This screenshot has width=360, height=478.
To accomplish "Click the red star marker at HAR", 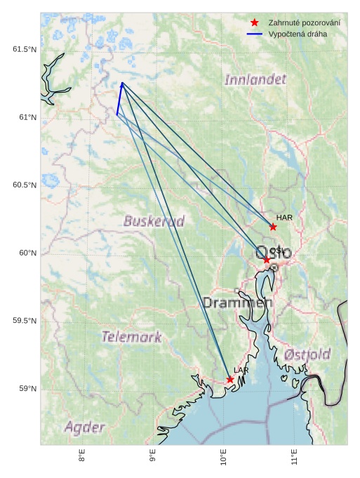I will (273, 227).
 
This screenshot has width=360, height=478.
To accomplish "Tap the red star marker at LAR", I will (230, 380).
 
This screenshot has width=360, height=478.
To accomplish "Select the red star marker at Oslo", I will (267, 260).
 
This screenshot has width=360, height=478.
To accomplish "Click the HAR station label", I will (284, 218).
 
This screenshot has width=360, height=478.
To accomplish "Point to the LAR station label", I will (241, 370).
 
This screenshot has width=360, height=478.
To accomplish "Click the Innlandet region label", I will (255, 79).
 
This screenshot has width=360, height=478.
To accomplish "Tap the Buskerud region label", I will (154, 221).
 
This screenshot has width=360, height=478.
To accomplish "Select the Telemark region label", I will (131, 337).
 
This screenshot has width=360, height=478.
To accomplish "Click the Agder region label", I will (85, 427).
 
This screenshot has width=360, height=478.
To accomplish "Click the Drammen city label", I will (237, 303).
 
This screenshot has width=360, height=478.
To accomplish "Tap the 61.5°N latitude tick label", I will (25, 49).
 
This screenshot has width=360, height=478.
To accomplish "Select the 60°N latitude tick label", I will (27, 253).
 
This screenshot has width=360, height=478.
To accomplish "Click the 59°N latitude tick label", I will (27, 389).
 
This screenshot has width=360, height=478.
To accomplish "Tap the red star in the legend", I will (255, 22).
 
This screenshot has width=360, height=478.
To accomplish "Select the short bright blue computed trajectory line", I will (119, 98).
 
